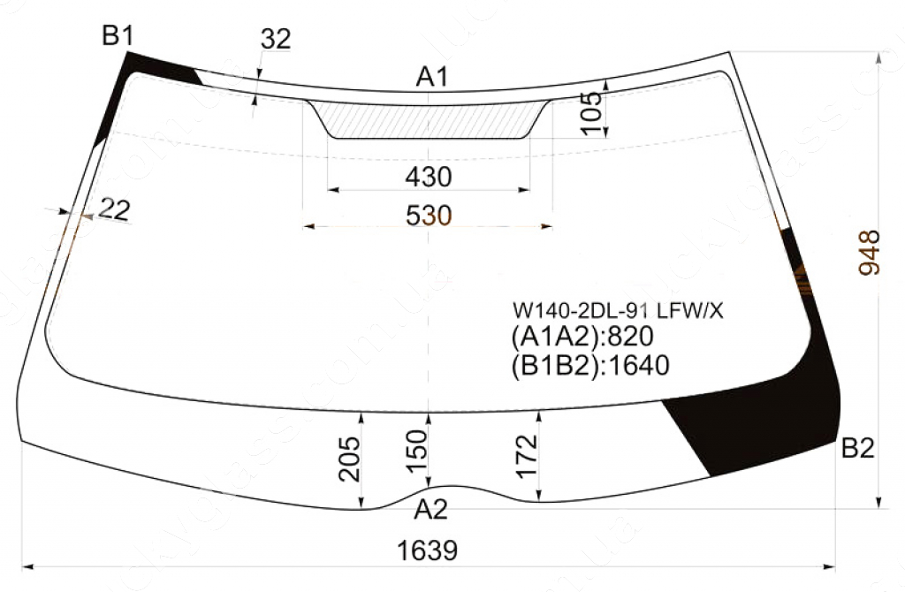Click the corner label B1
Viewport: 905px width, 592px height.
coord(118,36)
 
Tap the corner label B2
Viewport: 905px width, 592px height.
coord(857,448)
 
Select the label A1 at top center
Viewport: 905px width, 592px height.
coord(431,77)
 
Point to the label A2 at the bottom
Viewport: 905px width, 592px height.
coord(431,510)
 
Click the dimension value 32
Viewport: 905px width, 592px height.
coord(276,39)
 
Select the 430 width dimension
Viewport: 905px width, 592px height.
coord(429,177)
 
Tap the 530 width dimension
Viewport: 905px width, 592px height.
coord(429,216)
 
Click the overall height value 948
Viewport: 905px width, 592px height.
coord(870,253)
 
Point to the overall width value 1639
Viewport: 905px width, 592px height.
coord(427,550)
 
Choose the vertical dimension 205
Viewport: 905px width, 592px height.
coord(349,459)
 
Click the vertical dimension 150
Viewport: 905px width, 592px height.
coord(417,452)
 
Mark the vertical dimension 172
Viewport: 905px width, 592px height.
coord(527,457)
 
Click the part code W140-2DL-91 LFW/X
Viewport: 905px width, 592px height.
coord(618,312)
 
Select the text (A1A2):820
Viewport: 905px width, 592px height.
coord(582,337)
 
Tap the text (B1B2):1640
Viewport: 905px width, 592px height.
coord(590,365)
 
